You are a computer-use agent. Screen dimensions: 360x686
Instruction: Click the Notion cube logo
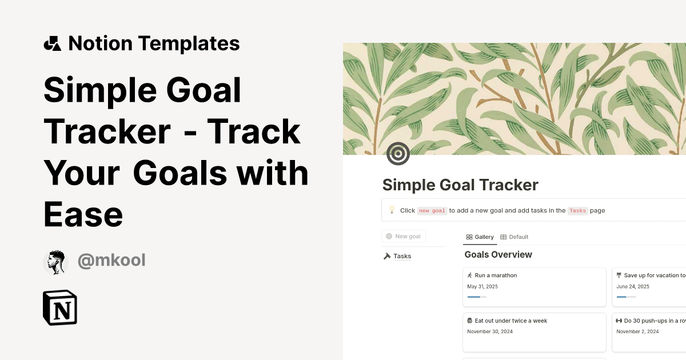coord(60,308)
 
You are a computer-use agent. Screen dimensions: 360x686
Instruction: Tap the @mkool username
coord(111,261)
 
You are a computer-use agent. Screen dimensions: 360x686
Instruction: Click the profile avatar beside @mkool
coord(55,262)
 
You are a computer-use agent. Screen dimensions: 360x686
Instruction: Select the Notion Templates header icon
coord(52,43)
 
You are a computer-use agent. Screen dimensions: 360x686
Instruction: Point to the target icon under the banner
coord(398,154)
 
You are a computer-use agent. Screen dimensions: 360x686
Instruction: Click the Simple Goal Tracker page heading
coord(460,185)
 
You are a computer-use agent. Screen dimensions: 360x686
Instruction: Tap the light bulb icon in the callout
coord(392,210)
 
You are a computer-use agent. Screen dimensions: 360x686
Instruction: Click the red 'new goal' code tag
coord(432,211)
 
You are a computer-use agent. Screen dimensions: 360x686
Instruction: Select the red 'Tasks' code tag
coord(577,211)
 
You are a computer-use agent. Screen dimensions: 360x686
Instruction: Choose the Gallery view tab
coord(480,237)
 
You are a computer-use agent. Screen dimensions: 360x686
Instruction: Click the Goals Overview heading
coord(498,255)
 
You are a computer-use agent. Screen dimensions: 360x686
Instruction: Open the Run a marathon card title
coord(495,275)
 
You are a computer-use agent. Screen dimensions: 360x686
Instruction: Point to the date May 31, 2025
coord(482,287)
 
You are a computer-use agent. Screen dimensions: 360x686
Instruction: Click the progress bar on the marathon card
coord(477,297)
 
